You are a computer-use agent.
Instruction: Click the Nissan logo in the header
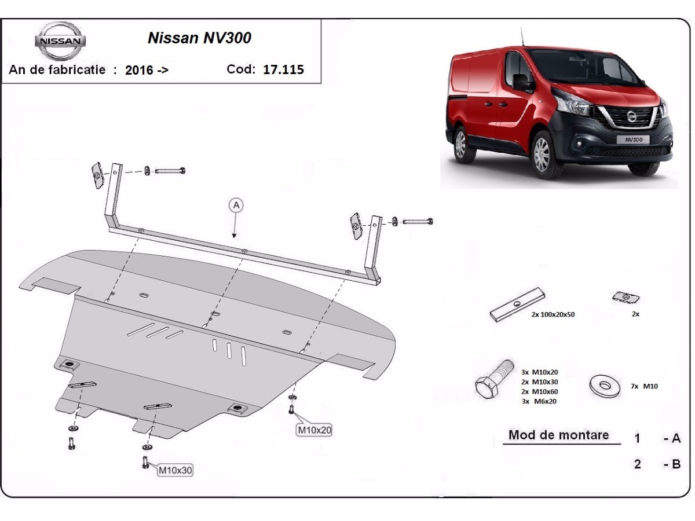point(60,41)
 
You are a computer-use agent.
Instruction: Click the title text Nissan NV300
point(199,38)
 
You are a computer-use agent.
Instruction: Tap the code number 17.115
point(283,70)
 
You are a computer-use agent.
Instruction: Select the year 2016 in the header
point(139,71)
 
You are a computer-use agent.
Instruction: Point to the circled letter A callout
point(236,204)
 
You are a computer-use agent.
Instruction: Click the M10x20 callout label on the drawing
point(314,430)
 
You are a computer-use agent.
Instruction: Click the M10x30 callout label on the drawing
point(175,471)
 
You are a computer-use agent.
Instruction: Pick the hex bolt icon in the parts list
point(493,380)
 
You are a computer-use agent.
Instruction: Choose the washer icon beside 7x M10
point(605,386)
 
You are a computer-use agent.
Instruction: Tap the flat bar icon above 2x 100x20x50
point(517,304)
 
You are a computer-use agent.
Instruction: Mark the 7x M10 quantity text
point(644,386)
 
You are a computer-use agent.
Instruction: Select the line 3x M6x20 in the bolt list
point(539,401)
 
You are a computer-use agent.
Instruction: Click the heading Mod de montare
point(558,435)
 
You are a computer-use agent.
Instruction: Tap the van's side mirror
point(522,82)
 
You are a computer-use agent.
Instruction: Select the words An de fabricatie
point(57,69)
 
